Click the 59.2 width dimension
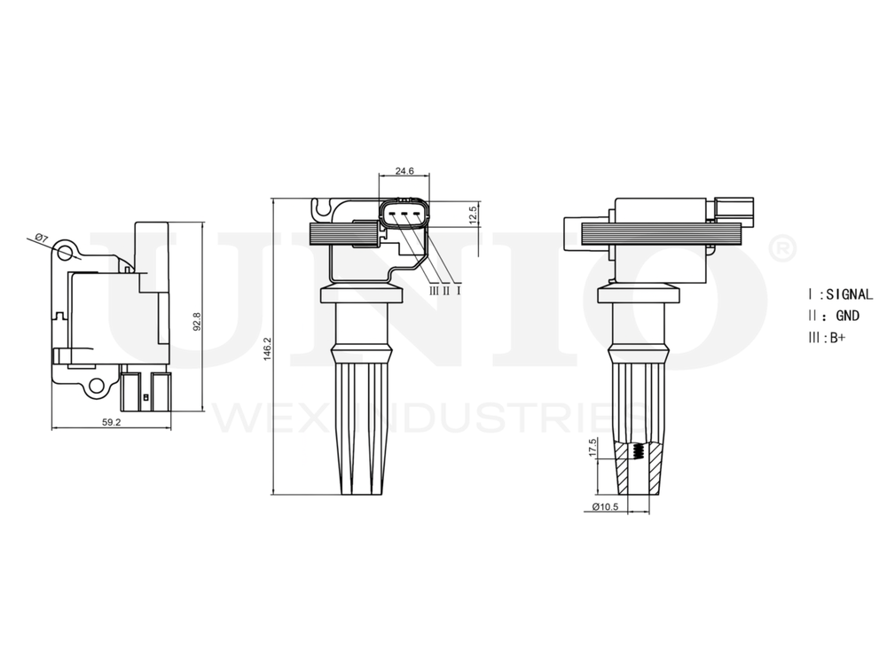pos(111,423)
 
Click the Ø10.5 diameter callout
pos(604,507)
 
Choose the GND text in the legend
pos(847,316)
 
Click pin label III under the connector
pos(434,290)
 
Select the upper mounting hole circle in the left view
pos(66,253)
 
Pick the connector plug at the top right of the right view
pos(734,209)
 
